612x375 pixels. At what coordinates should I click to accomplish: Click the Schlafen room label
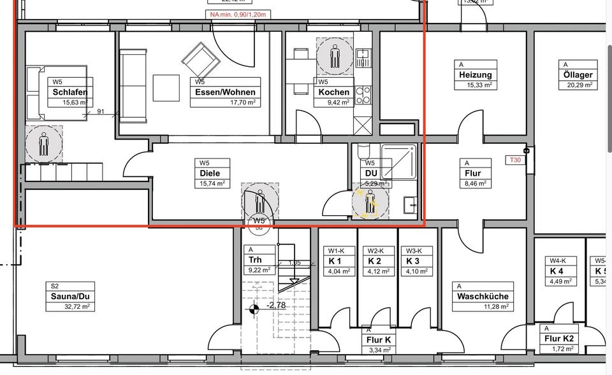pos(70,92)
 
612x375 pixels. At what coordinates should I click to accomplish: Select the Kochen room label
pos(333,92)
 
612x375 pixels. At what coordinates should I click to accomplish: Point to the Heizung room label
pos(475,75)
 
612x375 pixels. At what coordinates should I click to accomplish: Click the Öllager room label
pos(578,75)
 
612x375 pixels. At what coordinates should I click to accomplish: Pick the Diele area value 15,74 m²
pos(212,183)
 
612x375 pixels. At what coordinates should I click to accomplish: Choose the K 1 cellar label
pos(335,262)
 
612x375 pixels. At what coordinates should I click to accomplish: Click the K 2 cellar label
pos(374,262)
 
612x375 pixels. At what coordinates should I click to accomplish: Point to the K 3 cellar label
pos(413,262)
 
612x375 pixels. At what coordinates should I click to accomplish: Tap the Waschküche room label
pos(483,297)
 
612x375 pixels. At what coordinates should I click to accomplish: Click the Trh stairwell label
pos(255,260)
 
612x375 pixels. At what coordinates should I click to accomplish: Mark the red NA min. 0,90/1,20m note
pos(237,14)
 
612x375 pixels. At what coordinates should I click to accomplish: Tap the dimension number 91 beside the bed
pos(101,112)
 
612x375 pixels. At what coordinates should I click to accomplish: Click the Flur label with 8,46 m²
pos(474,173)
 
